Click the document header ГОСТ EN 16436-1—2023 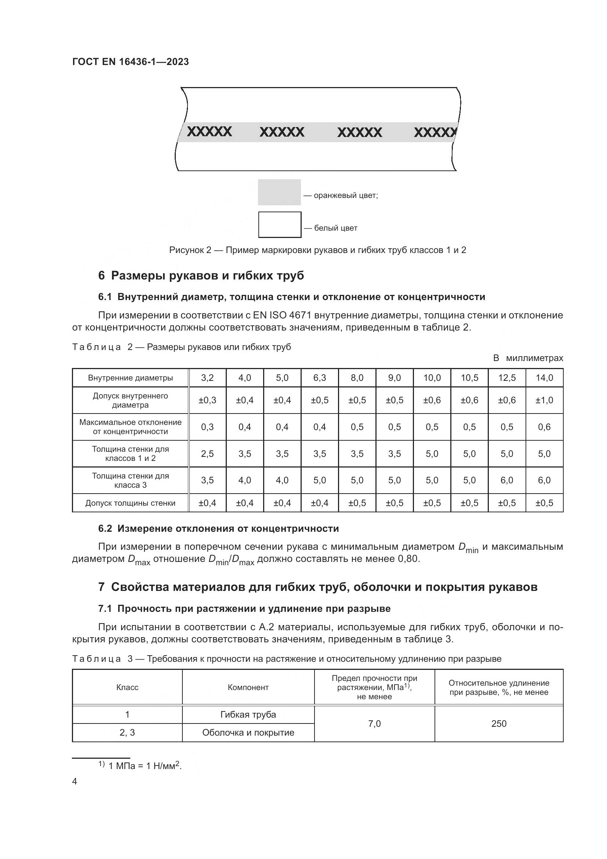pyautogui.click(x=130, y=62)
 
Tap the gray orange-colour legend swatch pyautogui.click(x=279, y=192)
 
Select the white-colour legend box pyautogui.click(x=280, y=225)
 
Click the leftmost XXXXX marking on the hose pyautogui.click(x=209, y=132)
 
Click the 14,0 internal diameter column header pyautogui.click(x=544, y=378)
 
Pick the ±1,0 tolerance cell pyautogui.click(x=544, y=400)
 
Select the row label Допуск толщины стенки pyautogui.click(x=130, y=503)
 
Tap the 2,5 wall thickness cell pyautogui.click(x=207, y=454)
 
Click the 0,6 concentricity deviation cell pyautogui.click(x=544, y=427)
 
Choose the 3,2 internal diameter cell pyautogui.click(x=207, y=378)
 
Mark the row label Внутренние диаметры pyautogui.click(x=130, y=378)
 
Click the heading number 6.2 pyautogui.click(x=105, y=528)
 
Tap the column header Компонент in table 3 pyautogui.click(x=248, y=687)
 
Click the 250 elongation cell pyautogui.click(x=499, y=723)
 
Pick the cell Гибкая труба pyautogui.click(x=248, y=715)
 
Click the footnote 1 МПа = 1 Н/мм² pyautogui.click(x=144, y=766)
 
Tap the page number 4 pyautogui.click(x=74, y=782)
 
